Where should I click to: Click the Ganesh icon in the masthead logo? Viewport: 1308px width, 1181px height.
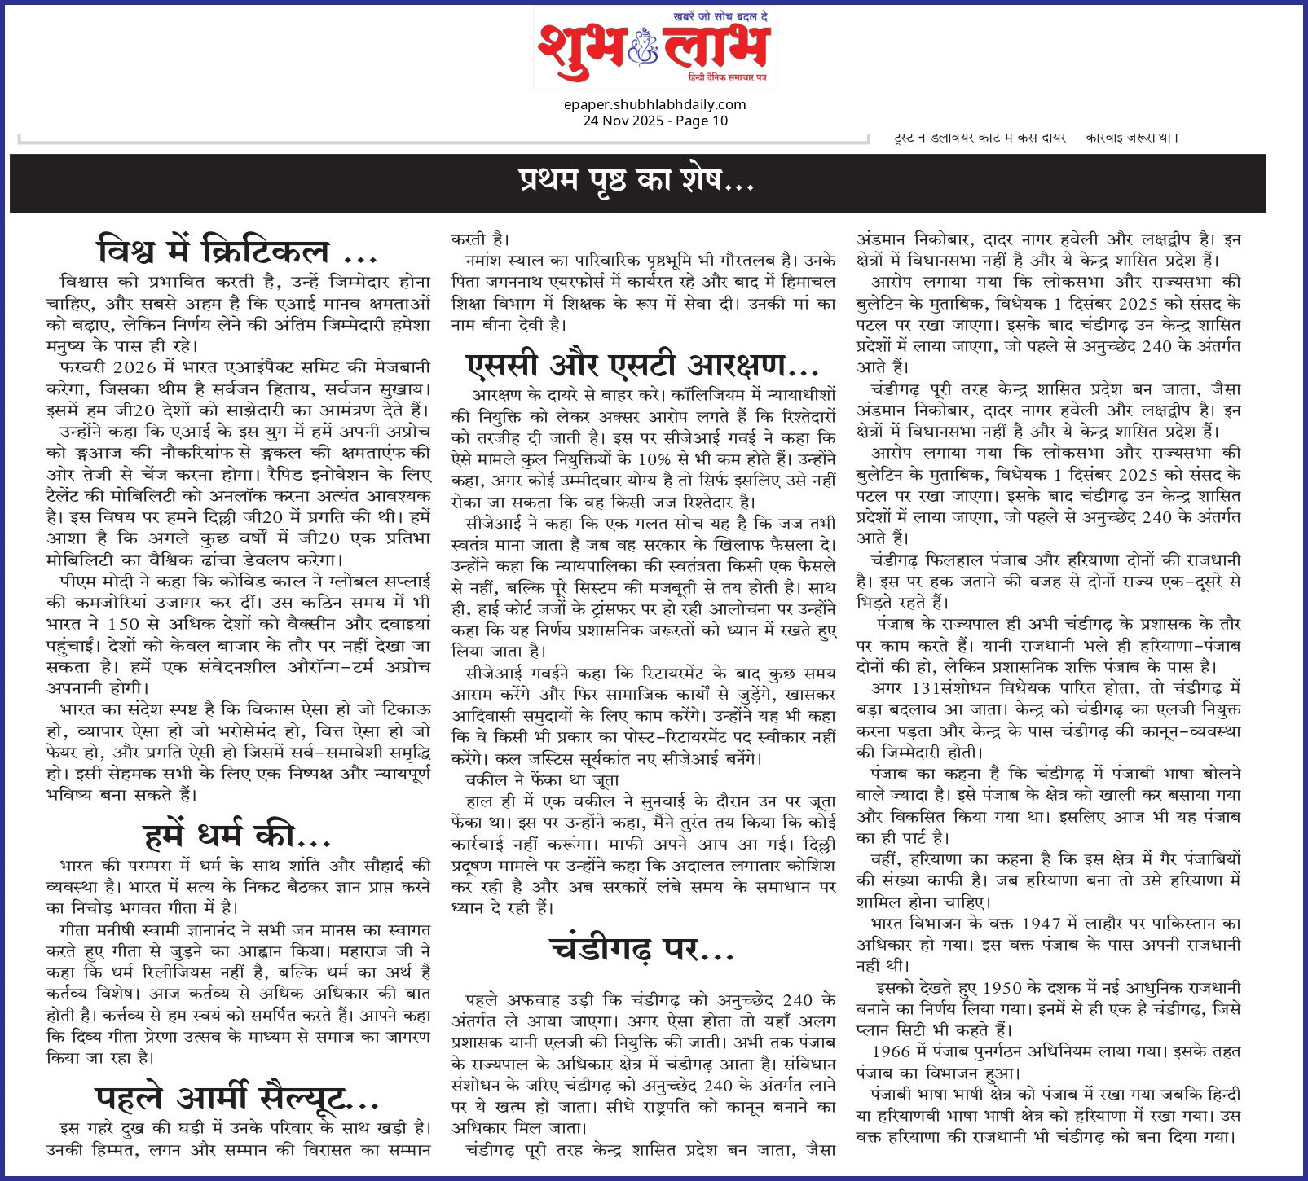[x=644, y=49]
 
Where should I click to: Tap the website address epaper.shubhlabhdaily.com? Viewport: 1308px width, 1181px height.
[x=654, y=104]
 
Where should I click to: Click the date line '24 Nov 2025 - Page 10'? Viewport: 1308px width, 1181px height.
[x=654, y=121]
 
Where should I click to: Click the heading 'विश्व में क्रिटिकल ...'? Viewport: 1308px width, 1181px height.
[x=237, y=250]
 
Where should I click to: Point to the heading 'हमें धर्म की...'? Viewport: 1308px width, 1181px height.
[x=236, y=835]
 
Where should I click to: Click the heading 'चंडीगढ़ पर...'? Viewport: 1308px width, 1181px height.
[x=642, y=949]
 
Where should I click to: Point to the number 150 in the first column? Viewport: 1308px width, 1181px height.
[x=124, y=625]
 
